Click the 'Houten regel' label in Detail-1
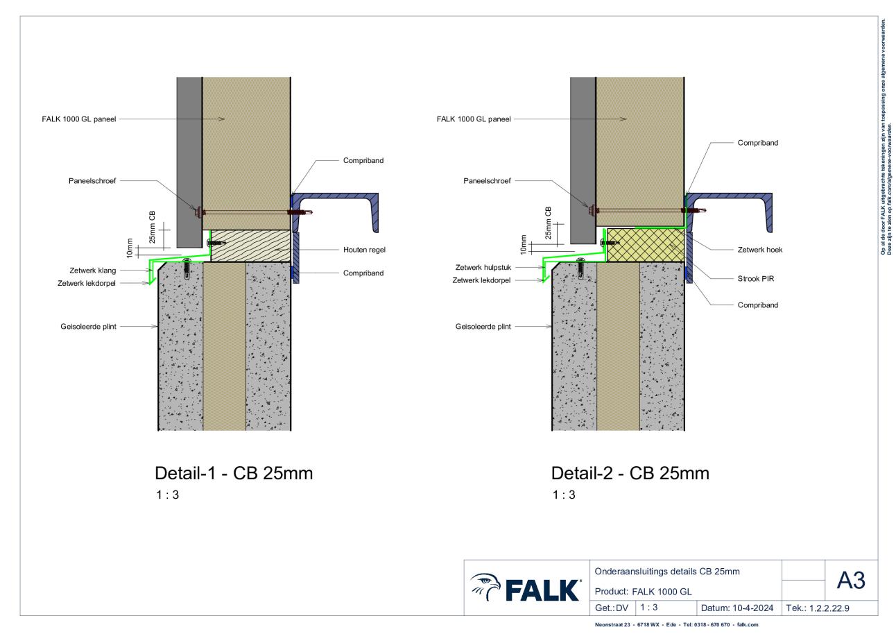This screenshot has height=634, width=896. [364, 250]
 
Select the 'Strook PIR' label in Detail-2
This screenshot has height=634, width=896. [756, 278]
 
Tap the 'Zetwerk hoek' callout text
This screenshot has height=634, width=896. [759, 250]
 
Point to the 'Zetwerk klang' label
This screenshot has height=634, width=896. [92, 271]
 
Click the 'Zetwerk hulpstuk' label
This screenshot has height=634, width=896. [483, 267]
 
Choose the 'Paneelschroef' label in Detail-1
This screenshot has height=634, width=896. [92, 181]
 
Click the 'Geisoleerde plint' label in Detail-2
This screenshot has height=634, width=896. [483, 327]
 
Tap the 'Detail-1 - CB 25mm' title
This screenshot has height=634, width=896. [234, 473]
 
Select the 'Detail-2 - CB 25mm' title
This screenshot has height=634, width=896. [630, 473]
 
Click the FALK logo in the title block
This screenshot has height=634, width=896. [526, 588]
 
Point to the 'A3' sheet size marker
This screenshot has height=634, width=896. [851, 580]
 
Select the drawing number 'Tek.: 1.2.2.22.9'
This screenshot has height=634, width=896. [817, 608]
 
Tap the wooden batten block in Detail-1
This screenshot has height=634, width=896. [250, 246]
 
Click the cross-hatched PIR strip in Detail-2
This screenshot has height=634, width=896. [646, 245]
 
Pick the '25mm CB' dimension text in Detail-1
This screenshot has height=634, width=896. [152, 227]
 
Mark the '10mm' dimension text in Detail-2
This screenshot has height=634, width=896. [523, 245]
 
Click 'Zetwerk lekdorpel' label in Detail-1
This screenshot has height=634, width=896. [87, 283]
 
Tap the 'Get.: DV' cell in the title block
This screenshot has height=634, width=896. [612, 608]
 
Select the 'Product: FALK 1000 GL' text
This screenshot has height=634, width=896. [643, 592]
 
